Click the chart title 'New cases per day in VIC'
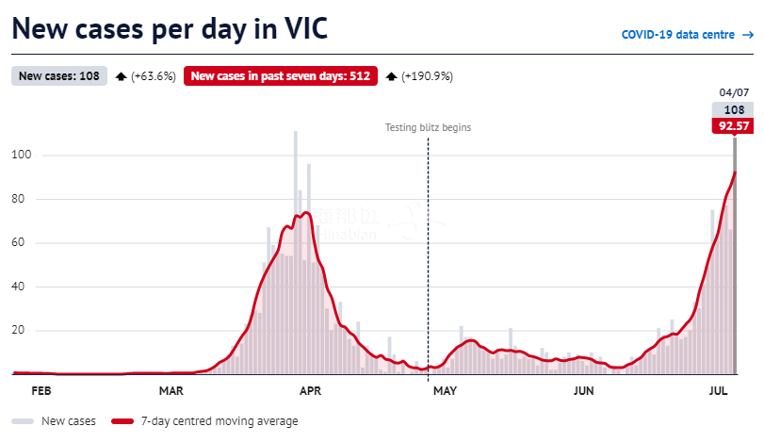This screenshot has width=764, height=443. pyautogui.click(x=170, y=28)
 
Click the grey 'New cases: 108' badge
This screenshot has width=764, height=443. pyautogui.click(x=59, y=76)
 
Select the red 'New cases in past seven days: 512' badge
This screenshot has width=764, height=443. pyautogui.click(x=281, y=76)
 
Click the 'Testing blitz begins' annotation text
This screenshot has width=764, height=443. pyautogui.click(x=428, y=127)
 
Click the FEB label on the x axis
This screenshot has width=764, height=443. pyautogui.click(x=41, y=390)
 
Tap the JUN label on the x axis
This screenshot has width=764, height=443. pyautogui.click(x=583, y=390)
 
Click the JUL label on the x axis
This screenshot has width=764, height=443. pyautogui.click(x=717, y=390)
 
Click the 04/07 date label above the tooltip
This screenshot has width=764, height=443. pyautogui.click(x=733, y=92)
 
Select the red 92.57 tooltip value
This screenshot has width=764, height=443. pyautogui.click(x=733, y=125)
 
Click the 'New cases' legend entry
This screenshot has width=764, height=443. pyautogui.click(x=60, y=421)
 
